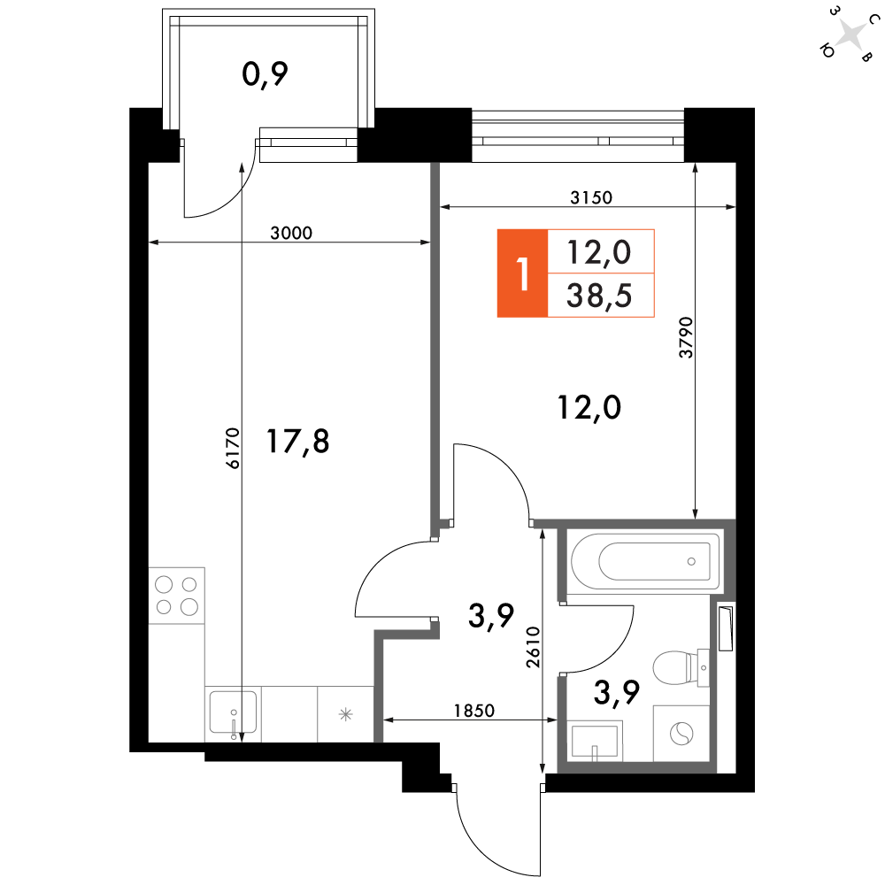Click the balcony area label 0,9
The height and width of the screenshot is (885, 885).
[x=265, y=74]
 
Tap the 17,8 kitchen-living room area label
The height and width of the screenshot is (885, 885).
[x=297, y=442]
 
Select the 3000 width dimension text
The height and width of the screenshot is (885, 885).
[x=291, y=233]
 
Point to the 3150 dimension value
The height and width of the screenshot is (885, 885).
[x=591, y=197]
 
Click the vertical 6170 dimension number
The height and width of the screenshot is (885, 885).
[x=233, y=448]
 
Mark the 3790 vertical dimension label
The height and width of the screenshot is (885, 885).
[x=686, y=337]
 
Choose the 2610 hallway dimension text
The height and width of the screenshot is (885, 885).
[x=534, y=648]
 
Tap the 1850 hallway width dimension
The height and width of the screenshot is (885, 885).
[x=474, y=710]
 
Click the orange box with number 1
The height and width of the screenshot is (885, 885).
[x=523, y=273]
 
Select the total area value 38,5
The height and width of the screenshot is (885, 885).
[x=599, y=296]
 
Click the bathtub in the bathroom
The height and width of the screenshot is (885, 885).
[x=646, y=561]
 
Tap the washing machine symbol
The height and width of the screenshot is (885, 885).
[x=681, y=734]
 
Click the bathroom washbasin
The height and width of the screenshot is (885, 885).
[x=595, y=741]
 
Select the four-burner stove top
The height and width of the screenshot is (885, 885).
[x=177, y=596]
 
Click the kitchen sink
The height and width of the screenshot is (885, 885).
[x=233, y=714]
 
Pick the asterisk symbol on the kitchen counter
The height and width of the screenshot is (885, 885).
[x=345, y=714]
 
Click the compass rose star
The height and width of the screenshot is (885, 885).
[x=851, y=35]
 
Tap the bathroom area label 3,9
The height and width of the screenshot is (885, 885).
[x=616, y=693]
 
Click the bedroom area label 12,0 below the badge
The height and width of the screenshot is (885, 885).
[x=589, y=407]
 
